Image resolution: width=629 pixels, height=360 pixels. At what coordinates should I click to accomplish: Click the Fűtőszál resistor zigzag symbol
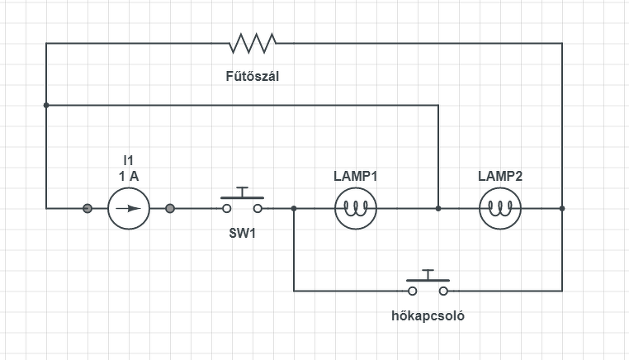coord(255,42)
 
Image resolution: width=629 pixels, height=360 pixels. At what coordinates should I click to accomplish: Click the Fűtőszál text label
coord(258,77)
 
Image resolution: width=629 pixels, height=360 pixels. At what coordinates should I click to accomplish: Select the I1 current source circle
coord(129,208)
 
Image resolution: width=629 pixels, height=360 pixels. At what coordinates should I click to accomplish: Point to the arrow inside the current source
coord(129,208)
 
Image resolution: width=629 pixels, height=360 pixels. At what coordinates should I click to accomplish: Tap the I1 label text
coord(128,160)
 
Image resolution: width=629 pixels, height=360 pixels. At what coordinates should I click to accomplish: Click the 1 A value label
coord(128,175)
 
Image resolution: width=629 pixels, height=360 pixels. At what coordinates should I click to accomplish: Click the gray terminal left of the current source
coord(87,208)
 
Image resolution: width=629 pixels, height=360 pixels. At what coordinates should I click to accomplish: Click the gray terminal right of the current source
coord(170,208)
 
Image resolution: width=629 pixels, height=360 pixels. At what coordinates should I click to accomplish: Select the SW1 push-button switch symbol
coord(242,201)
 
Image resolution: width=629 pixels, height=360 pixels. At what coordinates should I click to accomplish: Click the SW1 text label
coord(243,233)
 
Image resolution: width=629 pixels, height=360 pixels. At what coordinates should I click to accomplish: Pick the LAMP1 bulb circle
coord(356,208)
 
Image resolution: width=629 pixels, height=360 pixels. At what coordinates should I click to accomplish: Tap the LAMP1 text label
coord(356,176)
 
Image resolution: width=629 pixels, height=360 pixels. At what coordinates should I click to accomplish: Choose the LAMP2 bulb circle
coord(500,208)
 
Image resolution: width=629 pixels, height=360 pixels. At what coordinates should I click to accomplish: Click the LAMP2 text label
coord(500,176)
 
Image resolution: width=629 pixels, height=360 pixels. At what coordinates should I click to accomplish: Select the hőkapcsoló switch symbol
coord(428,285)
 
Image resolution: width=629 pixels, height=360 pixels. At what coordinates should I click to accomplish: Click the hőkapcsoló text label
coord(427,316)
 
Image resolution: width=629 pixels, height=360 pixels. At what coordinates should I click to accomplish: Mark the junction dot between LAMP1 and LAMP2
coord(438,208)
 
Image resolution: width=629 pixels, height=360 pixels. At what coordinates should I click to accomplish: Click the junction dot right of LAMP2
coord(562,208)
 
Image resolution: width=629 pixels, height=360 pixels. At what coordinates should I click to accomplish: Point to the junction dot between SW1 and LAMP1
coord(294,208)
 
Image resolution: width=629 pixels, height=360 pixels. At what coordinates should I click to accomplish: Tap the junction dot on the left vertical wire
coord(46,105)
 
